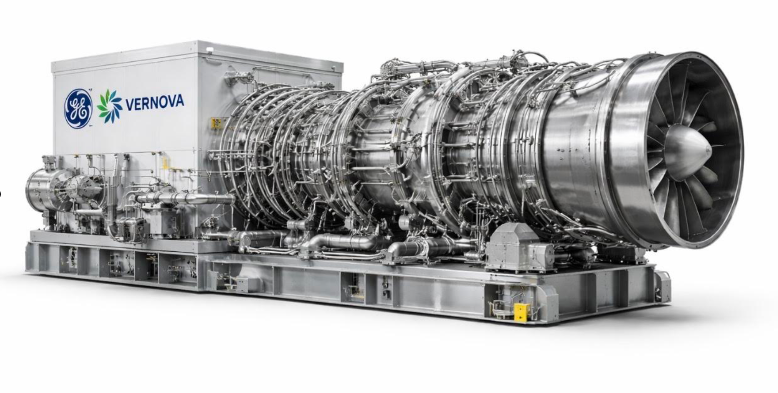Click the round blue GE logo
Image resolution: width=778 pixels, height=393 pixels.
[x=78, y=109]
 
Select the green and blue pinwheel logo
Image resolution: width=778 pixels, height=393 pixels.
[x=109, y=106]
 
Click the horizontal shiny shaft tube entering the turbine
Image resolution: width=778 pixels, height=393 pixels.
[x=185, y=198]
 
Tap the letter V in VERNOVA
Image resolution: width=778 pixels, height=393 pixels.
[x=129, y=105]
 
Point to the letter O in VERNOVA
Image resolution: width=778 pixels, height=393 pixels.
[x=160, y=102]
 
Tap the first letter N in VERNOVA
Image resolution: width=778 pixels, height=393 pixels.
[x=152, y=103]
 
